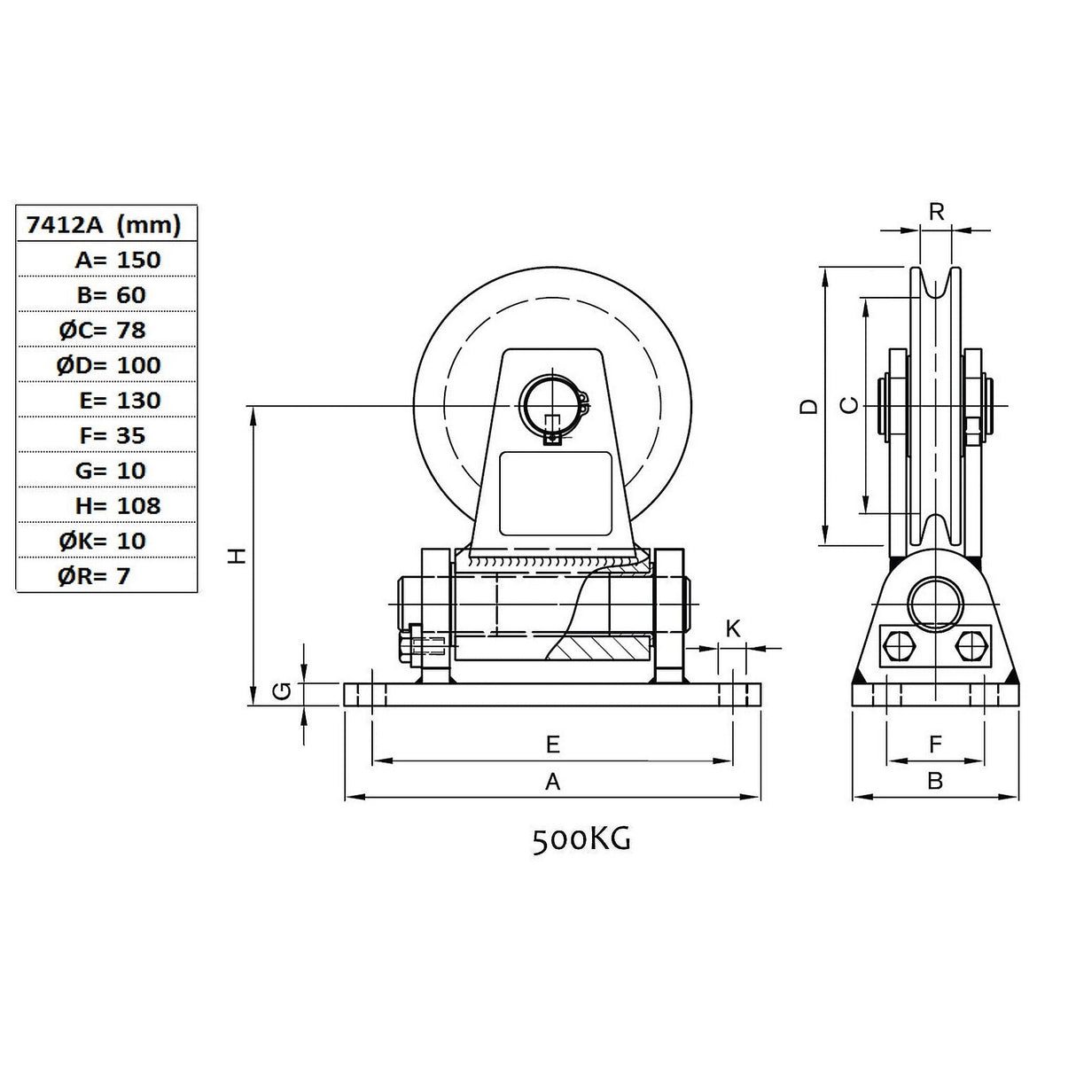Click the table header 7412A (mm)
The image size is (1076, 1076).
tap(104, 224)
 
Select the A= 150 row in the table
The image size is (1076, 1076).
tap(118, 260)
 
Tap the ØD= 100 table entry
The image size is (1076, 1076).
tap(108, 365)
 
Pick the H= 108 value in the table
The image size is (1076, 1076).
tap(118, 506)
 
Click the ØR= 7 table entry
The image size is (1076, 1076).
tap(94, 576)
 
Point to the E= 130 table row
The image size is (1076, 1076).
tap(120, 401)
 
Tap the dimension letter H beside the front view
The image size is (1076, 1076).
tap(239, 556)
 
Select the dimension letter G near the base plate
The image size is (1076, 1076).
tap(282, 692)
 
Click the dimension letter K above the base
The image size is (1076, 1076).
tap(733, 628)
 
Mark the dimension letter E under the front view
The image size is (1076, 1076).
tap(553, 745)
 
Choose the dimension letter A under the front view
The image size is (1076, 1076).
tap(553, 782)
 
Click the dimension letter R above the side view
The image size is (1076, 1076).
tap(937, 212)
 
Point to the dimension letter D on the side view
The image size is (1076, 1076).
tap(808, 407)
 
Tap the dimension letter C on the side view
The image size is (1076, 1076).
tap(849, 405)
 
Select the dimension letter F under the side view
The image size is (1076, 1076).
tap(935, 744)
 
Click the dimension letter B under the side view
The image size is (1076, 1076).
tap(935, 781)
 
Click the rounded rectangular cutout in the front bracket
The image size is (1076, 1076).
tap(556, 494)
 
